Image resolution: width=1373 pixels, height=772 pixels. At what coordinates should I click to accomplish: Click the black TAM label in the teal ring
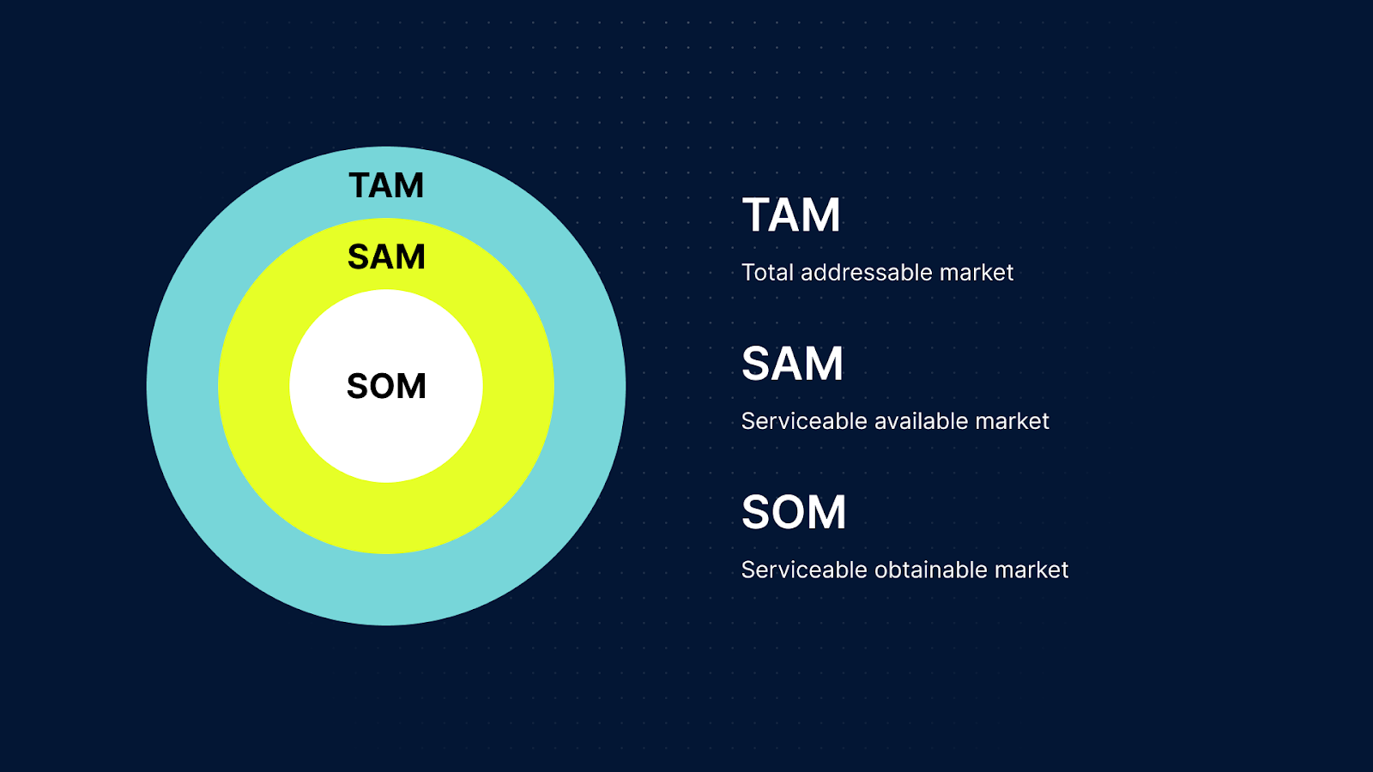386,185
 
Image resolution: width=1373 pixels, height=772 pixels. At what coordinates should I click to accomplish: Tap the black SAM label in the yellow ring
386,256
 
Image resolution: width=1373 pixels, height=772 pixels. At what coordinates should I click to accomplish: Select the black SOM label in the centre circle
386,386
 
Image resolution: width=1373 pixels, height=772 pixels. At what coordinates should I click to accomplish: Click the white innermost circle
386,437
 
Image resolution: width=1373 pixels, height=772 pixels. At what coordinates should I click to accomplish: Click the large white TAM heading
791,214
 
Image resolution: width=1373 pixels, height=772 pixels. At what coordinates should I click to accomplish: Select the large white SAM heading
792,364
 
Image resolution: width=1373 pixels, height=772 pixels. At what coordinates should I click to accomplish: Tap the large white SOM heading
794,512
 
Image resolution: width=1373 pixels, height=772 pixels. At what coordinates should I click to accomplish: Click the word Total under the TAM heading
767,273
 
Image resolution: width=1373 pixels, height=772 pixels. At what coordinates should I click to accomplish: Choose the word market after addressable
977,273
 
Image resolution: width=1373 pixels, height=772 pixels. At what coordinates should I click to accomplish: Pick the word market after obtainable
1031,570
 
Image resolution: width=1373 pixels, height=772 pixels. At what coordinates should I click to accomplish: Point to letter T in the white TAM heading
758,214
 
